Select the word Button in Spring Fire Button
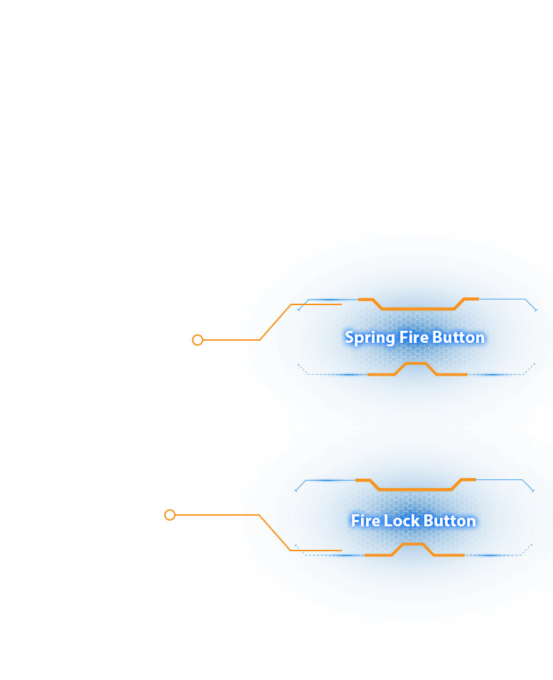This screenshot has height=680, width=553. (458, 337)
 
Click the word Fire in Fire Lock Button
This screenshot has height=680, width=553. (365, 521)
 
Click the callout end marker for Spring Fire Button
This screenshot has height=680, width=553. (198, 340)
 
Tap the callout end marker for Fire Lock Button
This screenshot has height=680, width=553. (170, 515)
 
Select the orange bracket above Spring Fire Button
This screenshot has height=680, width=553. (418, 308)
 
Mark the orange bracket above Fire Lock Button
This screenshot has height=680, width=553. (415, 489)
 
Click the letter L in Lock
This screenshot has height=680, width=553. (387, 521)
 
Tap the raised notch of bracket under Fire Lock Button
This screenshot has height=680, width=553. (414, 545)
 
